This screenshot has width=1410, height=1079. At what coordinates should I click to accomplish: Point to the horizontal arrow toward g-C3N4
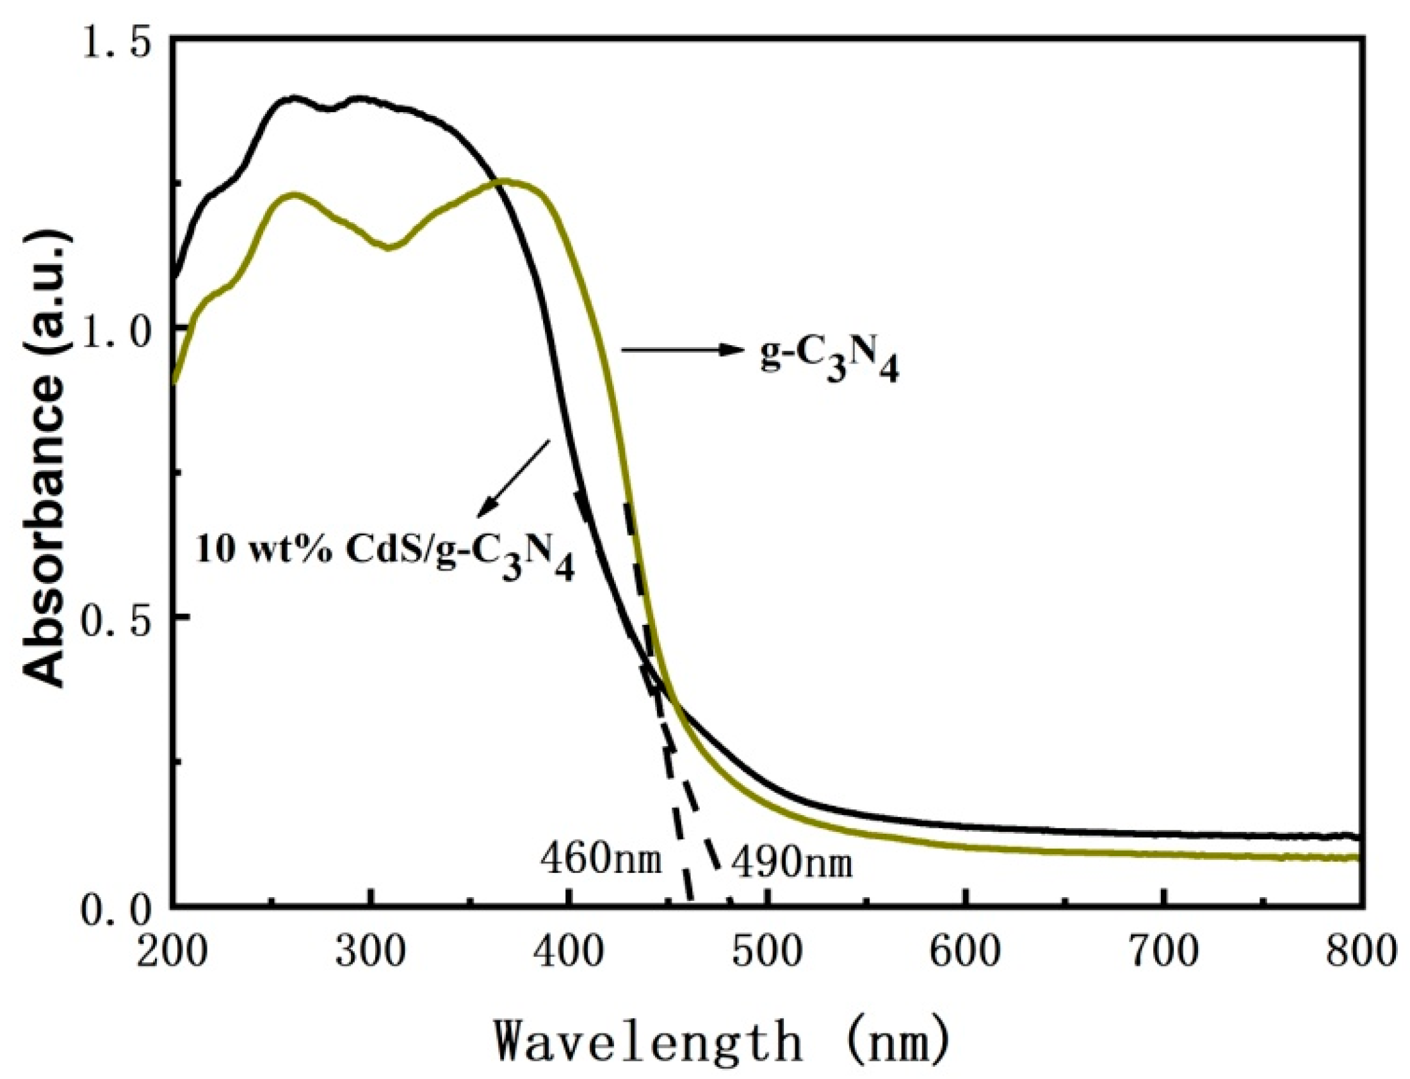[x=677, y=350]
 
